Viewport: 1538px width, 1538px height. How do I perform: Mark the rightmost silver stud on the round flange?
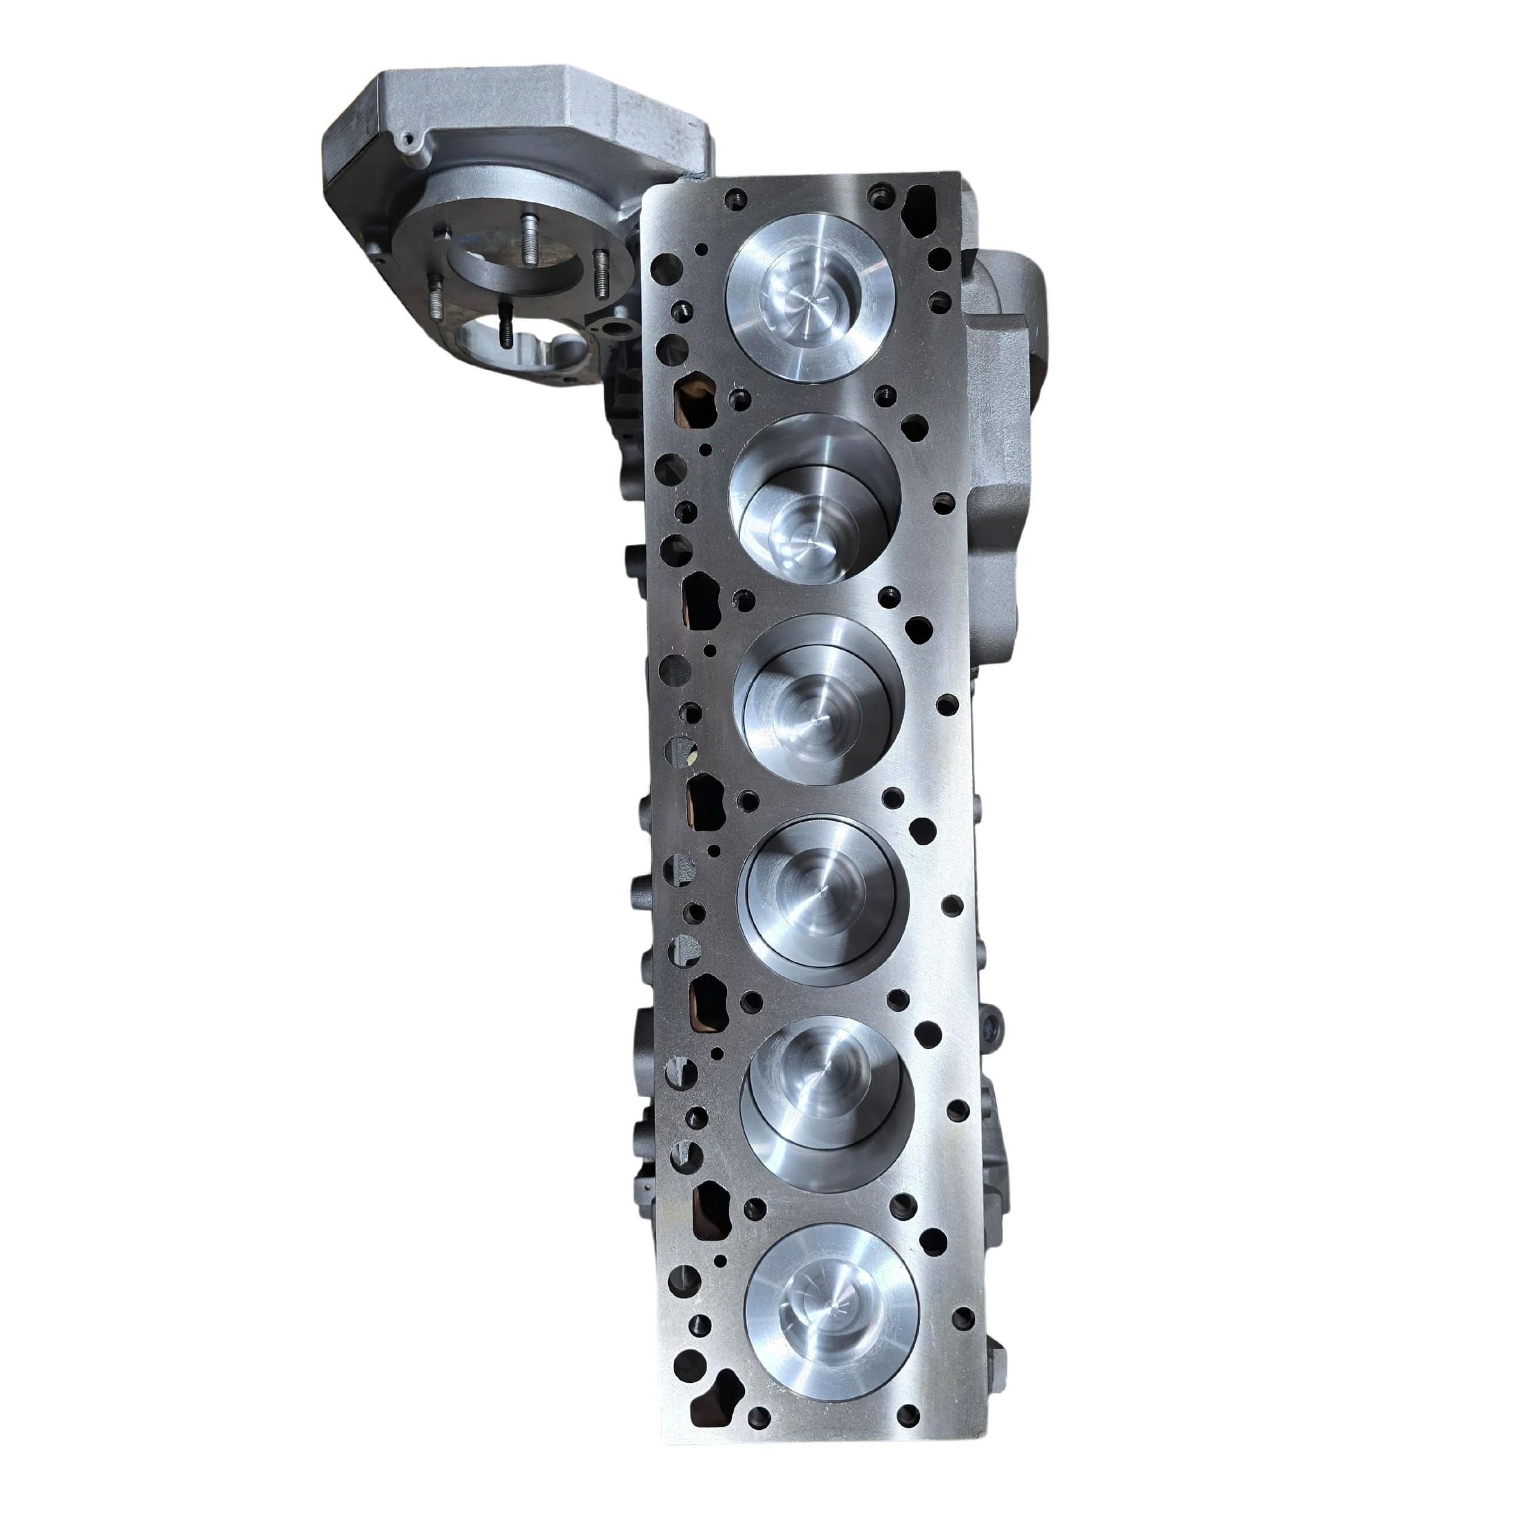pyautogui.click(x=598, y=263)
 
